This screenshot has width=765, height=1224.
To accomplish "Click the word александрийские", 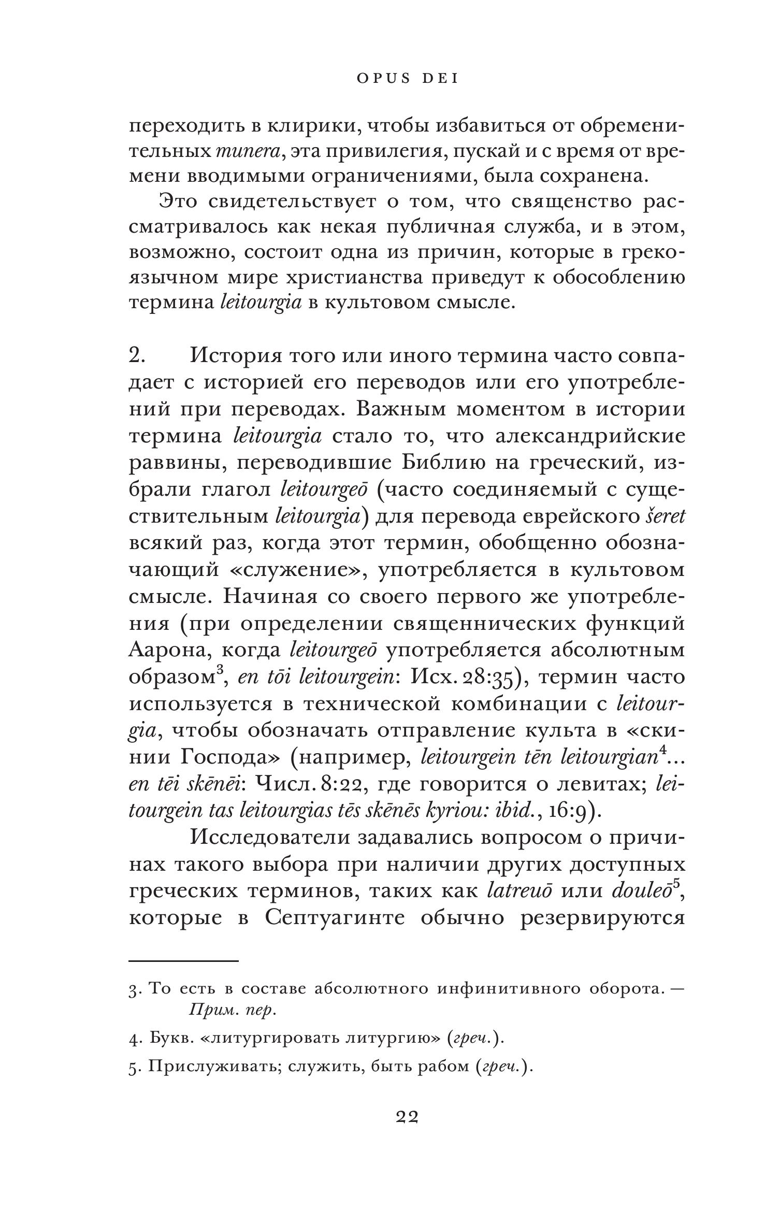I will point(590,436).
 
